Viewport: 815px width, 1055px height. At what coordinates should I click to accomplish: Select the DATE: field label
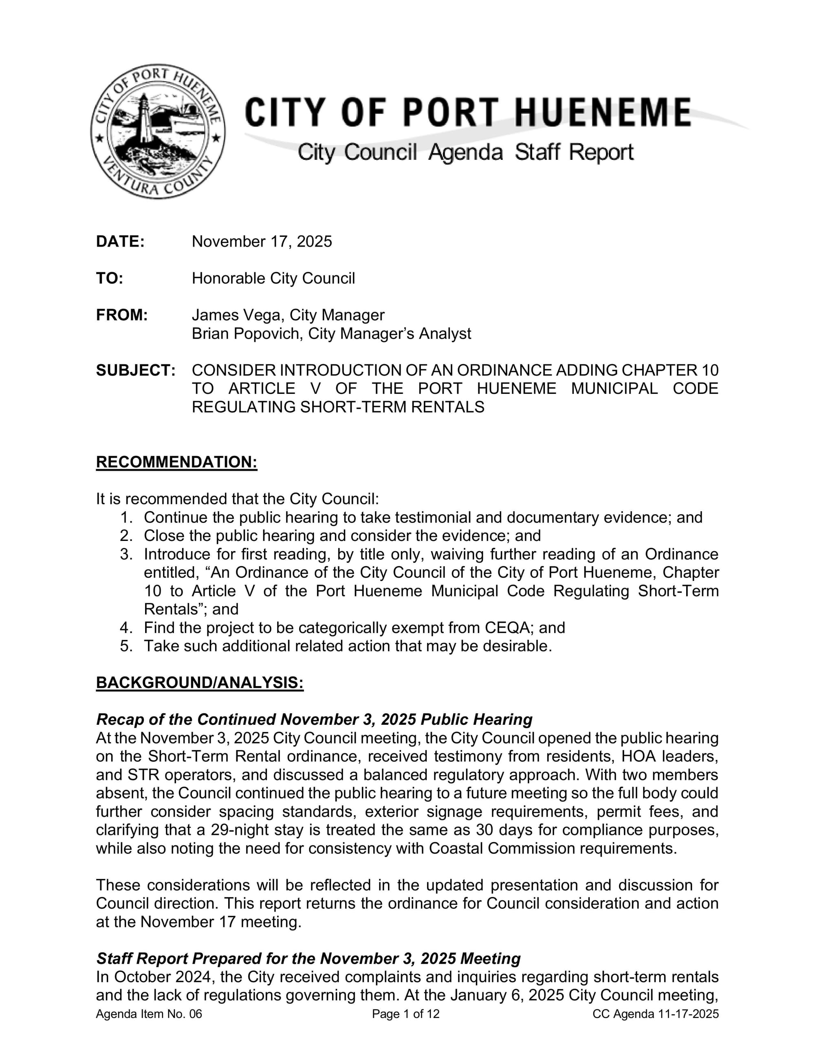[x=120, y=241]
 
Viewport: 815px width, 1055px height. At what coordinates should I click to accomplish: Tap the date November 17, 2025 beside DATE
[x=262, y=241]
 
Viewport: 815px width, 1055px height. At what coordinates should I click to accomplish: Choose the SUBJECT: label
[x=136, y=370]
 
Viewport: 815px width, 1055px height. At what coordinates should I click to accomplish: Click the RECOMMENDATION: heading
[x=177, y=462]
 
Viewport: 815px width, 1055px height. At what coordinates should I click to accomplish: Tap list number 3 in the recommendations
[x=126, y=554]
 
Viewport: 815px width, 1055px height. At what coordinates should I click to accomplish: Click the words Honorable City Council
[x=273, y=278]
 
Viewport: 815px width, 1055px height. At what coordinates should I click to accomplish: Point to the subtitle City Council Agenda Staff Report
[x=465, y=152]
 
